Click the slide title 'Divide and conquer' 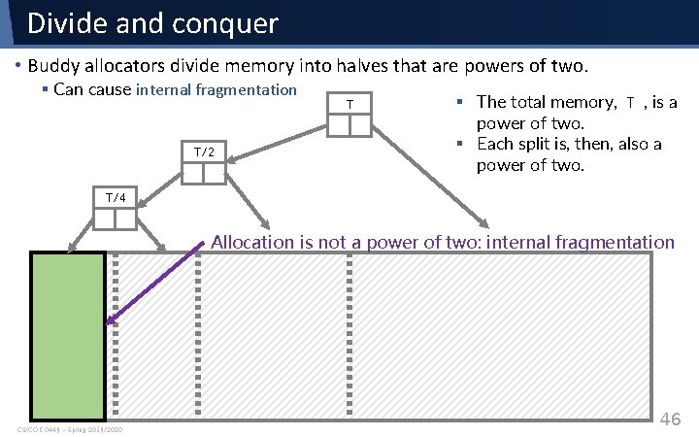point(152,22)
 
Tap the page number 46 point(671,419)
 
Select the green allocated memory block point(68,335)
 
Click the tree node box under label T point(349,124)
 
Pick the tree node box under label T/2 point(204,173)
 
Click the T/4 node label point(116,198)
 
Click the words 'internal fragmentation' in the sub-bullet point(216,90)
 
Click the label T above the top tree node point(349,104)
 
